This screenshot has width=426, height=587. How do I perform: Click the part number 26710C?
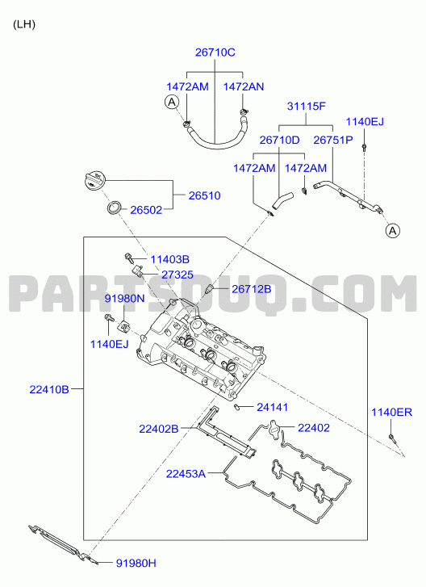coord(215,52)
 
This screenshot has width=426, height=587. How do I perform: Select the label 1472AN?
coord(244,87)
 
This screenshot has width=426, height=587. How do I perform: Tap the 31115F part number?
coord(307,107)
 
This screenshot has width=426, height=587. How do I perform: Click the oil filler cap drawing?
coord(94,179)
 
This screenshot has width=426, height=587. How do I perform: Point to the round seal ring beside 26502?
coord(115,208)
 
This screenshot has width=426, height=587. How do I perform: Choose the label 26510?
coord(204,195)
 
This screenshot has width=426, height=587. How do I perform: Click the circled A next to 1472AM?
coord(172,102)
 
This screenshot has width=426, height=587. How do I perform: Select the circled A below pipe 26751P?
coord(393,231)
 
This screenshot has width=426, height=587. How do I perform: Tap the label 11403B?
coord(169,259)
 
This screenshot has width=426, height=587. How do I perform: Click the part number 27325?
coord(177,275)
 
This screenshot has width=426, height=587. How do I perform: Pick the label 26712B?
coord(252,289)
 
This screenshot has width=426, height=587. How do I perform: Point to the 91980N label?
coord(124,299)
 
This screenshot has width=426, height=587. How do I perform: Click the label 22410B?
coord(49,390)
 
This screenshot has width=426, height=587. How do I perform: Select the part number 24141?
coord(272,407)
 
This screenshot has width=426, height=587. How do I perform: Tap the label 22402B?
coord(159,429)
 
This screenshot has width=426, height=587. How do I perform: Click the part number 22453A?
coord(186,474)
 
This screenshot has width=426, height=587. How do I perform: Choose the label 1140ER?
coord(391,413)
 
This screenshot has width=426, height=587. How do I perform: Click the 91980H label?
coord(136,563)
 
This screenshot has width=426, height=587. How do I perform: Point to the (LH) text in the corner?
coord(24,25)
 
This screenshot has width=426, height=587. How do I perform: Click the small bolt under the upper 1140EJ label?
coord(365,147)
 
